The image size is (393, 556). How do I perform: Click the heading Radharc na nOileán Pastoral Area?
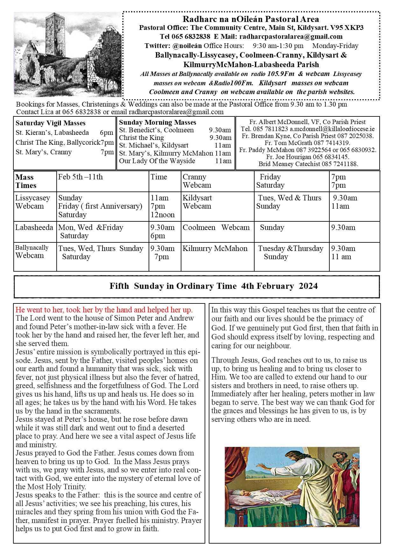click(251, 19)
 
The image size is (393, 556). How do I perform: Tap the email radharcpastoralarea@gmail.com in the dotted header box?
click(291, 37)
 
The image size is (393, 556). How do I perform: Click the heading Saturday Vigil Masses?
click(51, 123)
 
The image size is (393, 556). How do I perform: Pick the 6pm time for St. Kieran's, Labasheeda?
click(106, 133)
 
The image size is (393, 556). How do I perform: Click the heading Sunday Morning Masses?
click(158, 122)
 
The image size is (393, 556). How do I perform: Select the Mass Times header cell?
click(26, 181)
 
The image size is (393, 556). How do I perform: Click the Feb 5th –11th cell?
click(81, 177)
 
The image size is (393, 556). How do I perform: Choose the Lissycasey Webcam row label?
click(32, 202)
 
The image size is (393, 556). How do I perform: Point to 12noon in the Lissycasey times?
click(163, 215)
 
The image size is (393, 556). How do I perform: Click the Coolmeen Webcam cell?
click(216, 227)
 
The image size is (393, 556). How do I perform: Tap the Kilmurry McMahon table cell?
click(215, 248)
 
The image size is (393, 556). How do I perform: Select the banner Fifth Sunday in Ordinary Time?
click(214, 286)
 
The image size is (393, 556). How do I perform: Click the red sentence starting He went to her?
click(104, 310)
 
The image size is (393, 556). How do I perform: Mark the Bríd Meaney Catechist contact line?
click(308, 164)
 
